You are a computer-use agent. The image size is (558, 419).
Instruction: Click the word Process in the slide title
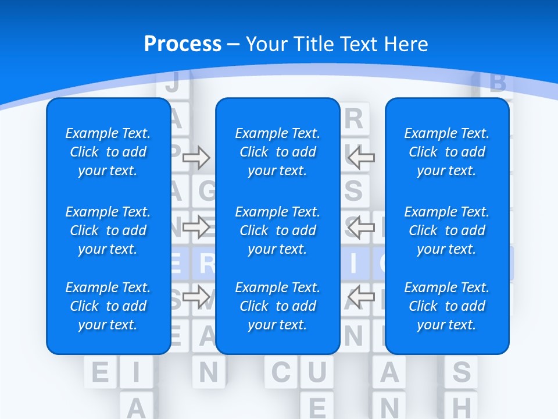[183, 44]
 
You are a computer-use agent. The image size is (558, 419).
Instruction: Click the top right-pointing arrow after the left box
[196, 157]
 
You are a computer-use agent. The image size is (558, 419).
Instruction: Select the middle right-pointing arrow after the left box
[196, 227]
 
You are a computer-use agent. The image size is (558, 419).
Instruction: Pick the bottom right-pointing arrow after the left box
[196, 297]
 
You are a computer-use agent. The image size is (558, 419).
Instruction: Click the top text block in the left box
[108, 152]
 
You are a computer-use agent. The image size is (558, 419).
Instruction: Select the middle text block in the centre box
[277, 230]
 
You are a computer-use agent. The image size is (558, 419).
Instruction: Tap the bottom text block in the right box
[446, 306]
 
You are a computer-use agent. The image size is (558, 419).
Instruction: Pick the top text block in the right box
[446, 152]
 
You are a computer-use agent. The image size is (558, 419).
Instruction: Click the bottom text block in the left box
[108, 306]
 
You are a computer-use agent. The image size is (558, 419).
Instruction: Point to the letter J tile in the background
[172, 83]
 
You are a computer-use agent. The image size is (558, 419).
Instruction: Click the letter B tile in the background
[498, 83]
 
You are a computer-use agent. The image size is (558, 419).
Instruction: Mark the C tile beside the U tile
[281, 372]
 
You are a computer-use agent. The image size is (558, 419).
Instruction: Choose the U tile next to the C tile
[317, 372]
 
